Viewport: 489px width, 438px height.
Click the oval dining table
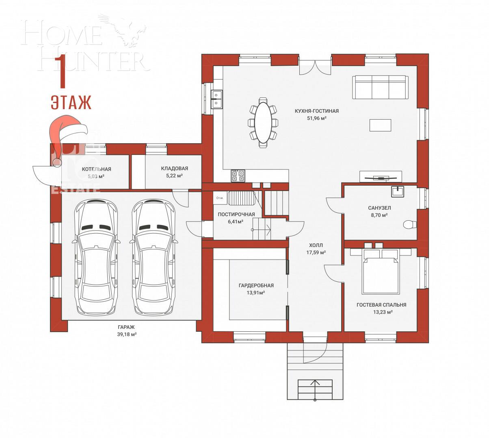tap(264, 122)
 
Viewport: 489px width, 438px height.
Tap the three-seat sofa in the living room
tap(380, 87)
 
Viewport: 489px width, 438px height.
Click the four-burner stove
tap(238, 176)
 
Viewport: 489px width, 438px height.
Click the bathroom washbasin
tap(398, 191)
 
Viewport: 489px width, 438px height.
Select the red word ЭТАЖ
tap(71, 103)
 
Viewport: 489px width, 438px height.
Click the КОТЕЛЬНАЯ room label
tap(96, 169)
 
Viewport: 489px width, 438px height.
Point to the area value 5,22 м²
tap(174, 176)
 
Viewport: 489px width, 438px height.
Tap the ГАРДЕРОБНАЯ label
tap(256, 286)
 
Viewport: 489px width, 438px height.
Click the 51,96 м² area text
tap(317, 118)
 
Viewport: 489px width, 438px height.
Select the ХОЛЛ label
tap(316, 245)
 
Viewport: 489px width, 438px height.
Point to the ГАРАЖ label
tap(126, 327)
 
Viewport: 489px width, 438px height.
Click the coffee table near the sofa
tap(380, 125)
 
